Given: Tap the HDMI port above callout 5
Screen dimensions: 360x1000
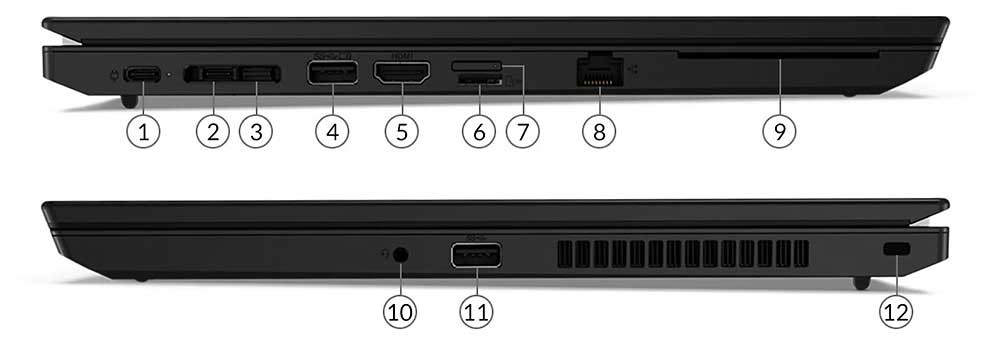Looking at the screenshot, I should [401, 73].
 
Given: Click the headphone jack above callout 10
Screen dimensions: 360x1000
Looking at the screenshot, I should [401, 254].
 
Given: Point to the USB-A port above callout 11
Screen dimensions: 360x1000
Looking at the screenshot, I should [477, 256].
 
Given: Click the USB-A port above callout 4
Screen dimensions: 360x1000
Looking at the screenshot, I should [332, 73].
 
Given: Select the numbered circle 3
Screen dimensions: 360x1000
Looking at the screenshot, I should [256, 132].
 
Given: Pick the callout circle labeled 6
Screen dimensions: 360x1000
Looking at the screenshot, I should [478, 132].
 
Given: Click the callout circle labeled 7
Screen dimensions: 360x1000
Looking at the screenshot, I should [522, 132].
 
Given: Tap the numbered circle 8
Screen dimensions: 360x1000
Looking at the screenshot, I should [598, 132].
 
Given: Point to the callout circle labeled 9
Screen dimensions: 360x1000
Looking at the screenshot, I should [779, 132].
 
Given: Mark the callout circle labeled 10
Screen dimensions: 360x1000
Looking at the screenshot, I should [400, 312].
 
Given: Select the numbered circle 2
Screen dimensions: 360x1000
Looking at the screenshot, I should [212, 132].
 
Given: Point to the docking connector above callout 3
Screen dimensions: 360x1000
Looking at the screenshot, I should [259, 73].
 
